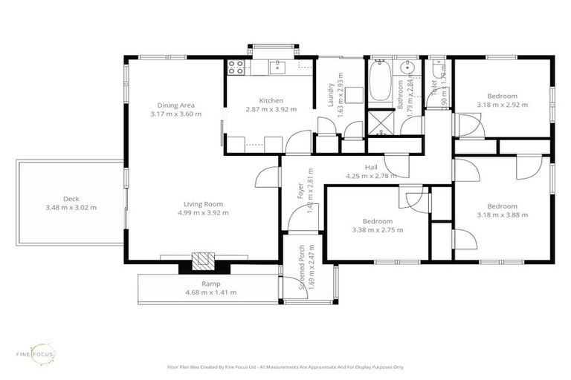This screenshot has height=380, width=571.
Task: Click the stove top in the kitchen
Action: [x=236, y=68]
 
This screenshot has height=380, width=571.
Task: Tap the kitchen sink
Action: [x=277, y=68]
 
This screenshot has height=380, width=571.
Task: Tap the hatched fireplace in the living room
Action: [x=201, y=261]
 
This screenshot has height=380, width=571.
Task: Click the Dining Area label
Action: [x=175, y=105]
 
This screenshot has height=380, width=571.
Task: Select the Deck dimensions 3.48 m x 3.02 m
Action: [x=71, y=208]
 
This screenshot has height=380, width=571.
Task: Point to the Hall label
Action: [x=372, y=167]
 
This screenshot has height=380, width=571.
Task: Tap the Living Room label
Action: [x=203, y=203]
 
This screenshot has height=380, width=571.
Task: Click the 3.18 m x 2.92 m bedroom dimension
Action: [x=503, y=105]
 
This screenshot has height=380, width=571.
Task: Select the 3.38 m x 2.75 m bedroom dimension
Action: [x=378, y=231]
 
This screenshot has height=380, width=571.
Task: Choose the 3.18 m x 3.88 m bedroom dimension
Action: [x=503, y=215]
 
